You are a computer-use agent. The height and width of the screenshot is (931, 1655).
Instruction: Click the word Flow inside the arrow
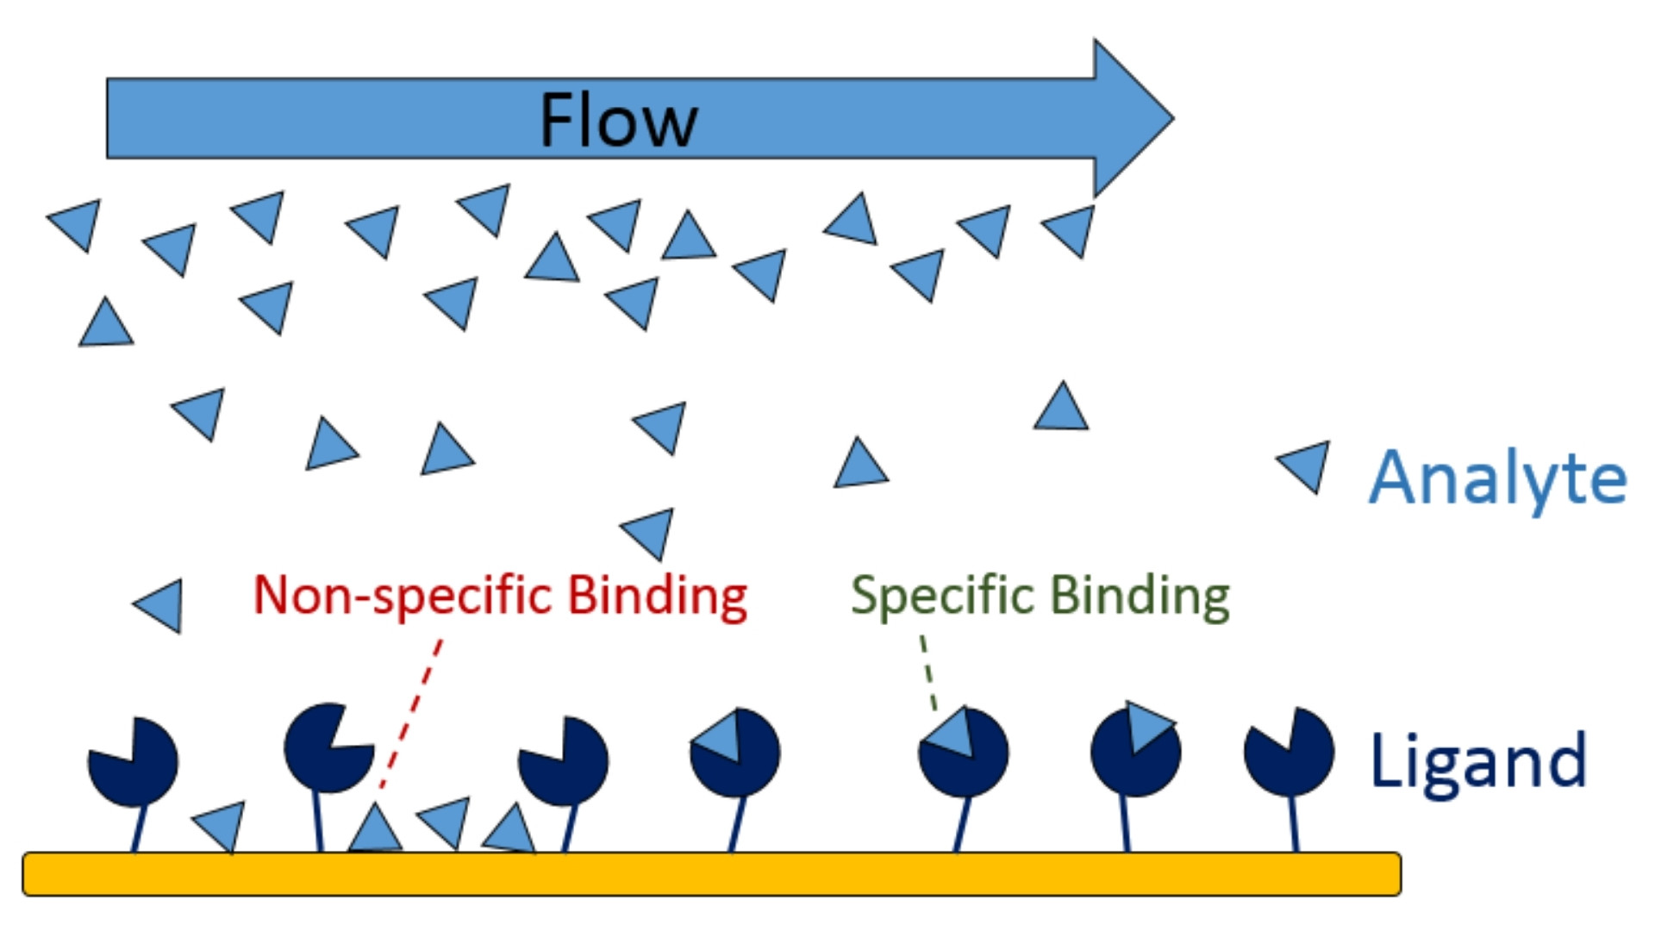coord(618,121)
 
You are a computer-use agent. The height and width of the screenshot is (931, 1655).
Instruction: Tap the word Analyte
coord(1498,478)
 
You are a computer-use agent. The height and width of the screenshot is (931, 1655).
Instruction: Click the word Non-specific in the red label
coord(402,596)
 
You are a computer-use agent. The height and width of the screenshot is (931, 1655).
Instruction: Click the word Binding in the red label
coord(658,596)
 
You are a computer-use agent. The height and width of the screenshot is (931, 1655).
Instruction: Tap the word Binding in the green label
coord(1140,596)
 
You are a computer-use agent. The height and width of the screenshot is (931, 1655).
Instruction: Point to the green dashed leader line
coord(928,672)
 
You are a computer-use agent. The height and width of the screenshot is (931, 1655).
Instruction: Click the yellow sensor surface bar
coord(711,874)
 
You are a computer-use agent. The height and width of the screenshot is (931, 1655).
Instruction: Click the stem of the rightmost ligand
coord(1293,823)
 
